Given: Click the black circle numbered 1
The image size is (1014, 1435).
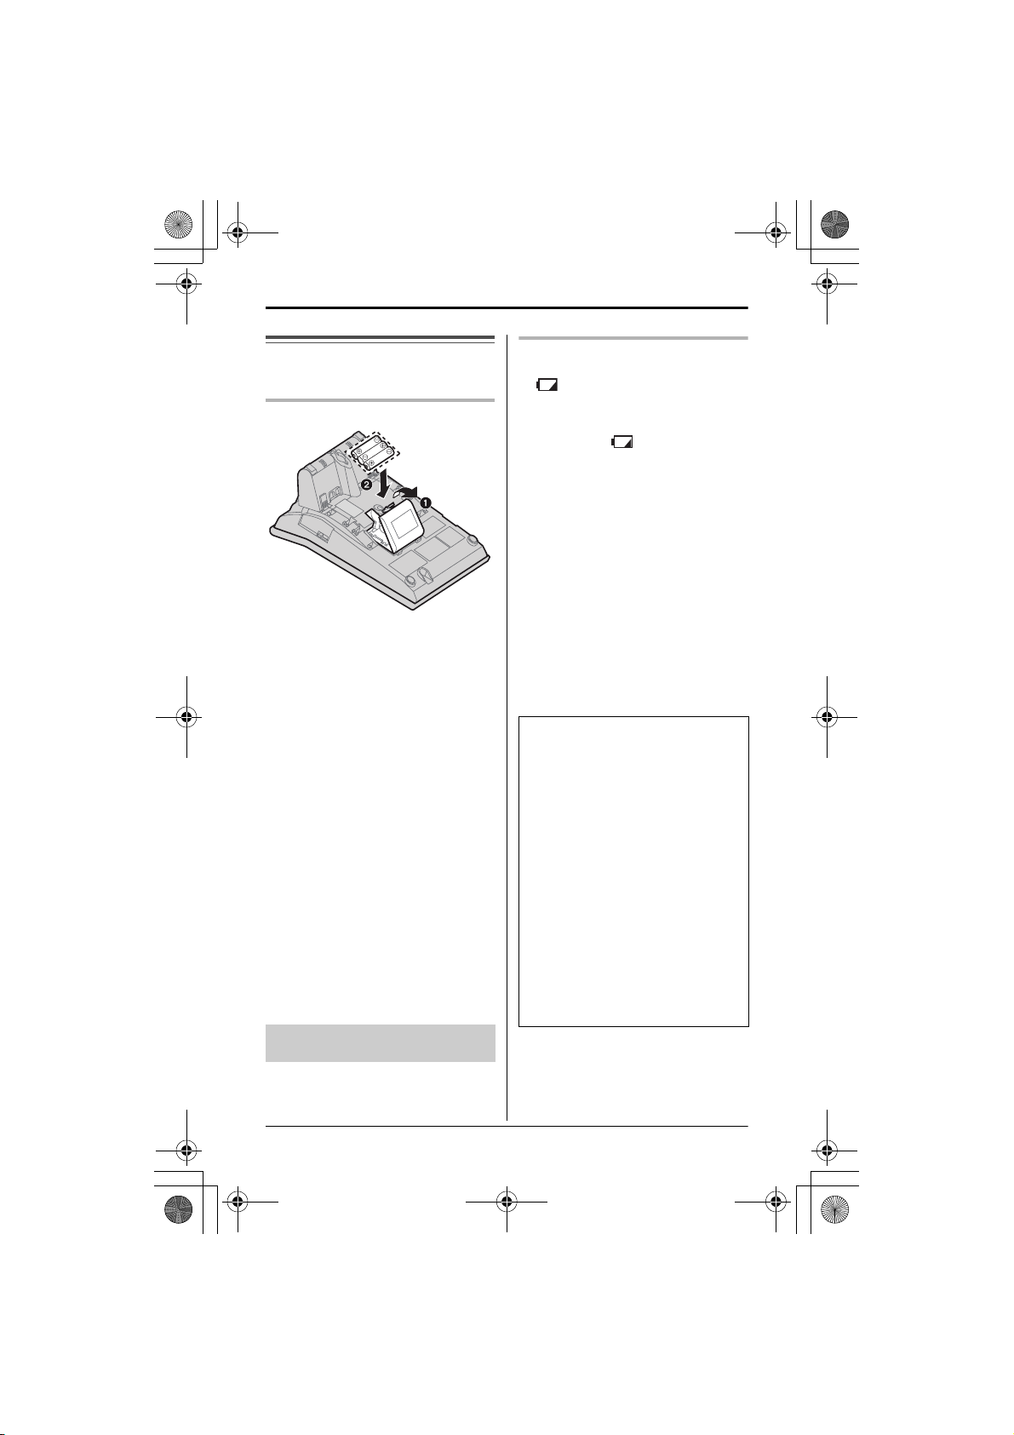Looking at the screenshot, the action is point(426,502).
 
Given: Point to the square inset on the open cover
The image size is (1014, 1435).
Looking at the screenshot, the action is point(403,524).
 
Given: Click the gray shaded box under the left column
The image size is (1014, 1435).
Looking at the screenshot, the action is point(381,1043).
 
